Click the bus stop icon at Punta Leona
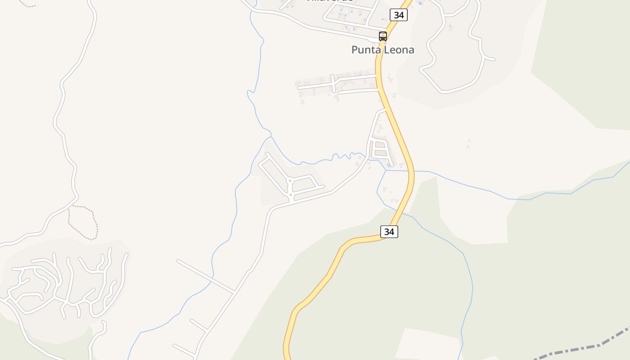383,36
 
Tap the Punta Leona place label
382,50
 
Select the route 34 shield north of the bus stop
398,15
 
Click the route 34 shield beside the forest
389,232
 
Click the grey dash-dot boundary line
580,348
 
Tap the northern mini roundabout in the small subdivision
290,180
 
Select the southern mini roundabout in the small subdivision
291,195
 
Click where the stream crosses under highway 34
412,171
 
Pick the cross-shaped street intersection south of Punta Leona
333,82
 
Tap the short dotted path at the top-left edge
27,5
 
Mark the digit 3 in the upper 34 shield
396,15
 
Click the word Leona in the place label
399,50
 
